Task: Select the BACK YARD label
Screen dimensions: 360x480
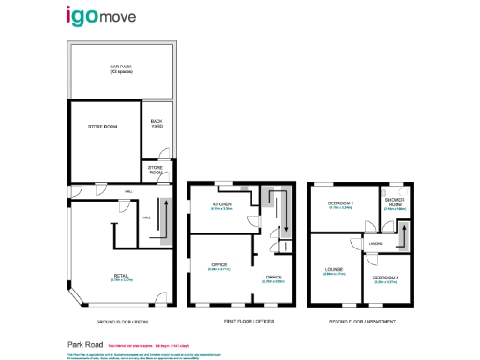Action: (x=157, y=123)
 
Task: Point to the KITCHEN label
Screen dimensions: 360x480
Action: (x=221, y=203)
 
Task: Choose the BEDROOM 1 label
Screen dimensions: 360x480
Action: (x=339, y=203)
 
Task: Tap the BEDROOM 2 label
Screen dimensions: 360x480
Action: (x=386, y=277)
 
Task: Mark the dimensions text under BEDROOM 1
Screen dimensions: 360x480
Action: (x=339, y=208)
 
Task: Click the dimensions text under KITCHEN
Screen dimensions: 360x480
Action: (x=221, y=208)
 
